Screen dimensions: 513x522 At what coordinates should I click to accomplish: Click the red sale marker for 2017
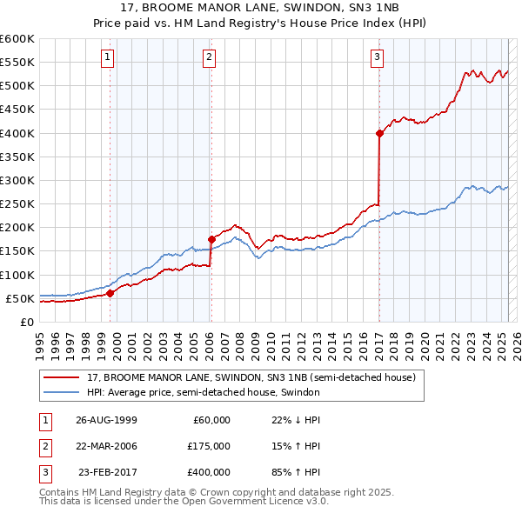click(x=380, y=133)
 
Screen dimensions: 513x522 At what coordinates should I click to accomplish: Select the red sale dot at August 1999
click(x=110, y=294)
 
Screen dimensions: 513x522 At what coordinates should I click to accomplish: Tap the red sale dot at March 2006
click(x=211, y=239)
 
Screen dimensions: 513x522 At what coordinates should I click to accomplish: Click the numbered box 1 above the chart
click(x=107, y=57)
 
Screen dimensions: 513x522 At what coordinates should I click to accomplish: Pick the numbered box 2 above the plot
click(x=210, y=57)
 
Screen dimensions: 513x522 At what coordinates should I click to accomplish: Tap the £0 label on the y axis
click(x=26, y=322)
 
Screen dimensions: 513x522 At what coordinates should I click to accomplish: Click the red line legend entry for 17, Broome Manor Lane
click(x=251, y=377)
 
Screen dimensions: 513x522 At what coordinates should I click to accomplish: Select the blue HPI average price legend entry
click(x=204, y=392)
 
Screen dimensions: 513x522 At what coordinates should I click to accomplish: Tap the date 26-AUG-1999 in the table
click(x=107, y=420)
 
